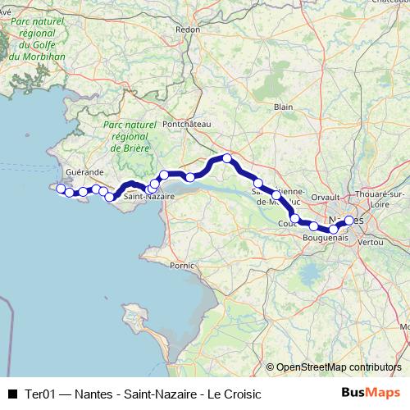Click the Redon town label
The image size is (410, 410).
click(188, 30)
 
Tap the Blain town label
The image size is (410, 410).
click(283, 107)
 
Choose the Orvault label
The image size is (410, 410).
click(326, 197)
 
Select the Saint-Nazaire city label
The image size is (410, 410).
click(148, 198)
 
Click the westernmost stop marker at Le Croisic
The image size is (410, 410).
click(60, 189)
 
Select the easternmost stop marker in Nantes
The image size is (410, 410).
click(349, 220)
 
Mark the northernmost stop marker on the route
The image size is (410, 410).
click(227, 158)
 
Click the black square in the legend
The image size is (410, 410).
click(11, 394)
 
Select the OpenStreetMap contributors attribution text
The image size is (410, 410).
click(339, 367)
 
